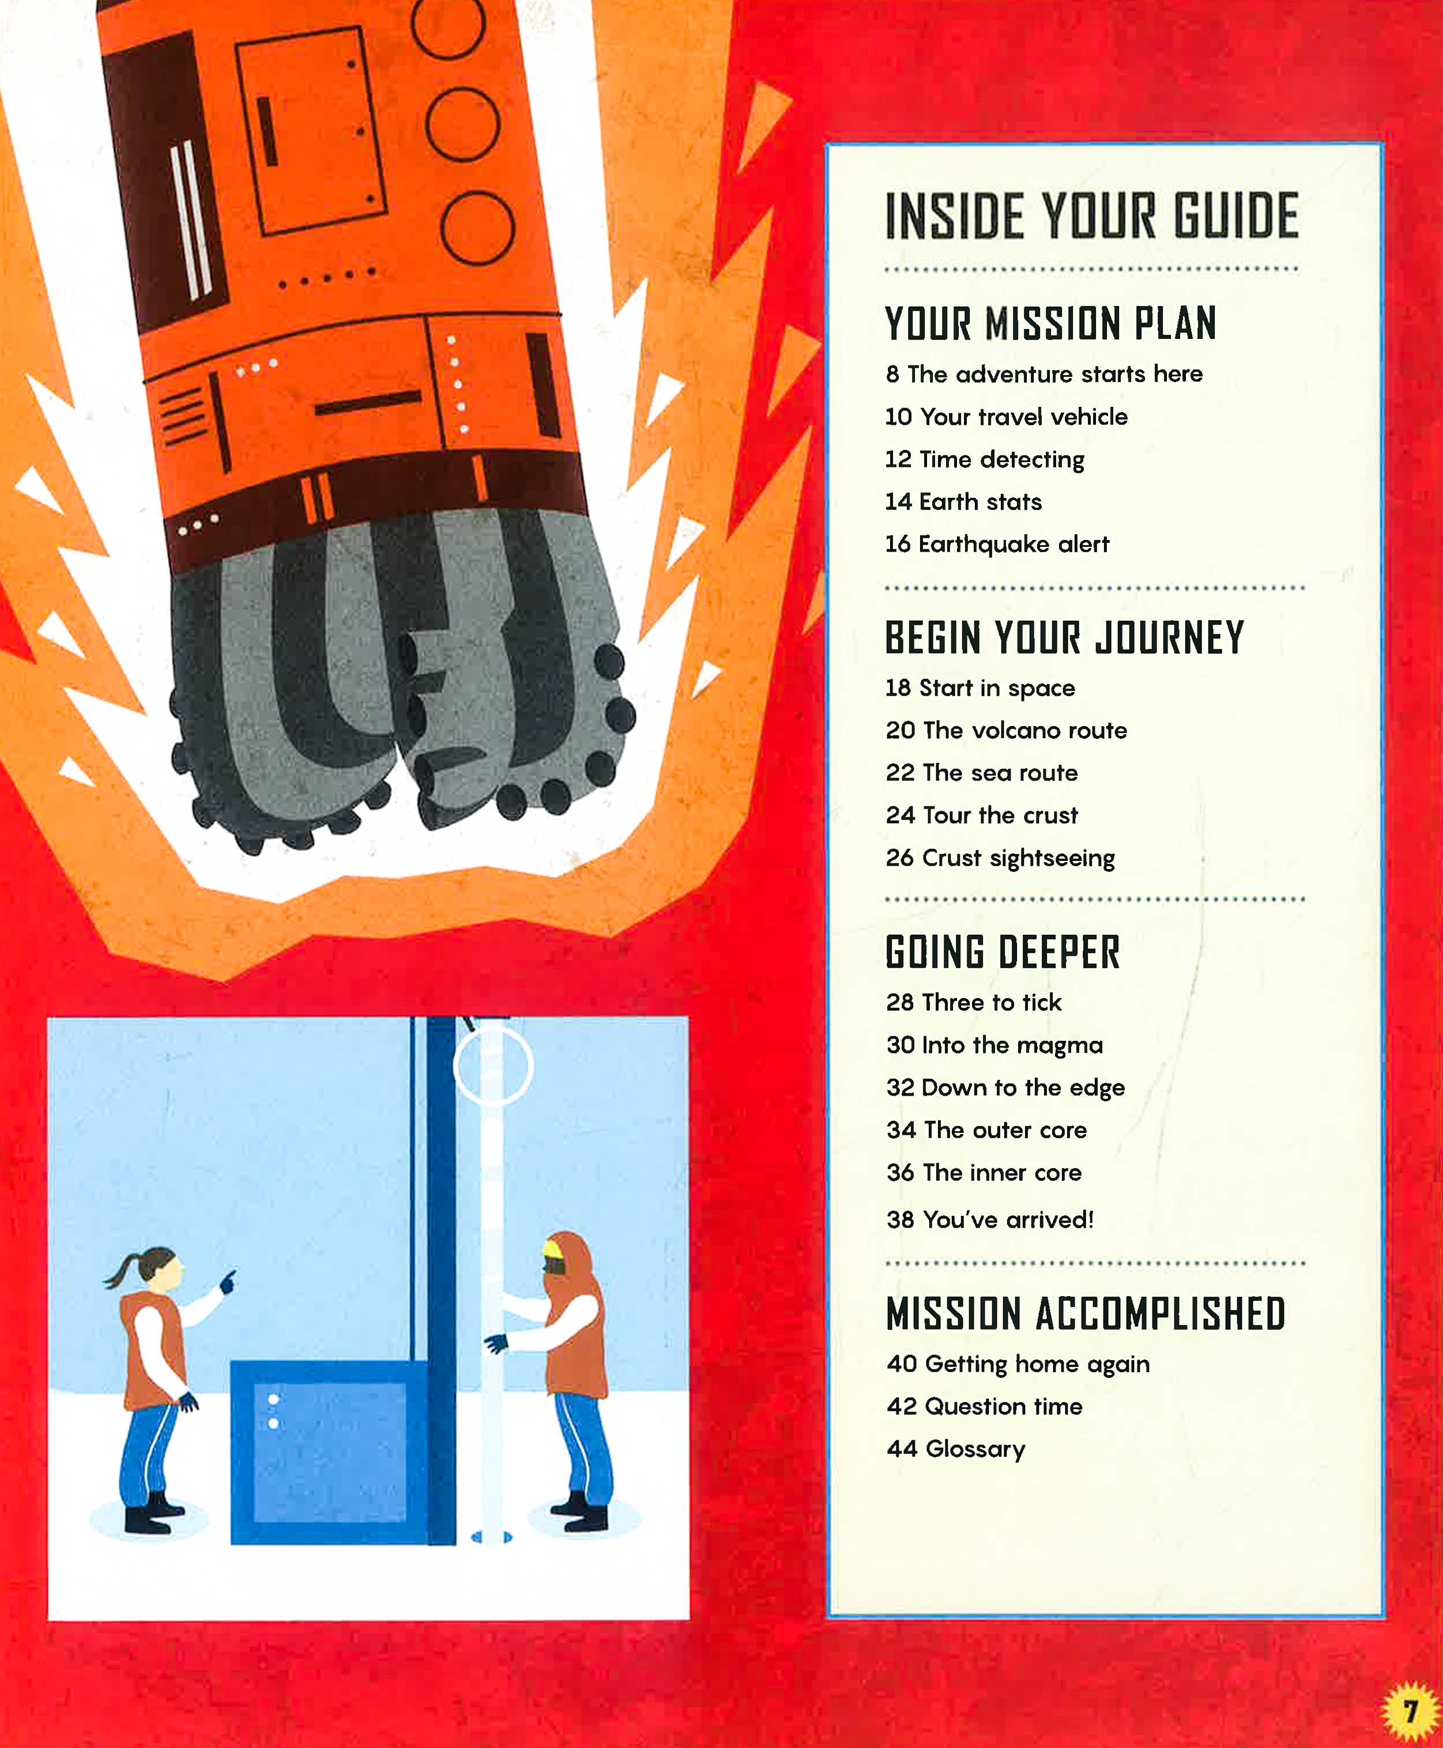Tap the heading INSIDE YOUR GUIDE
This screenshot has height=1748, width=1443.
point(1091,216)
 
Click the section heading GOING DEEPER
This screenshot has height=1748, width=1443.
point(1003,952)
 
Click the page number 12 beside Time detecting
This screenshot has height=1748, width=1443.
point(899,459)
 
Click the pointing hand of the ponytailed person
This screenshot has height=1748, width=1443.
point(227,1282)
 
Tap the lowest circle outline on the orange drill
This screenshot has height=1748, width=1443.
point(477,228)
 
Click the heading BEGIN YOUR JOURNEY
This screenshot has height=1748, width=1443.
point(1064,638)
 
